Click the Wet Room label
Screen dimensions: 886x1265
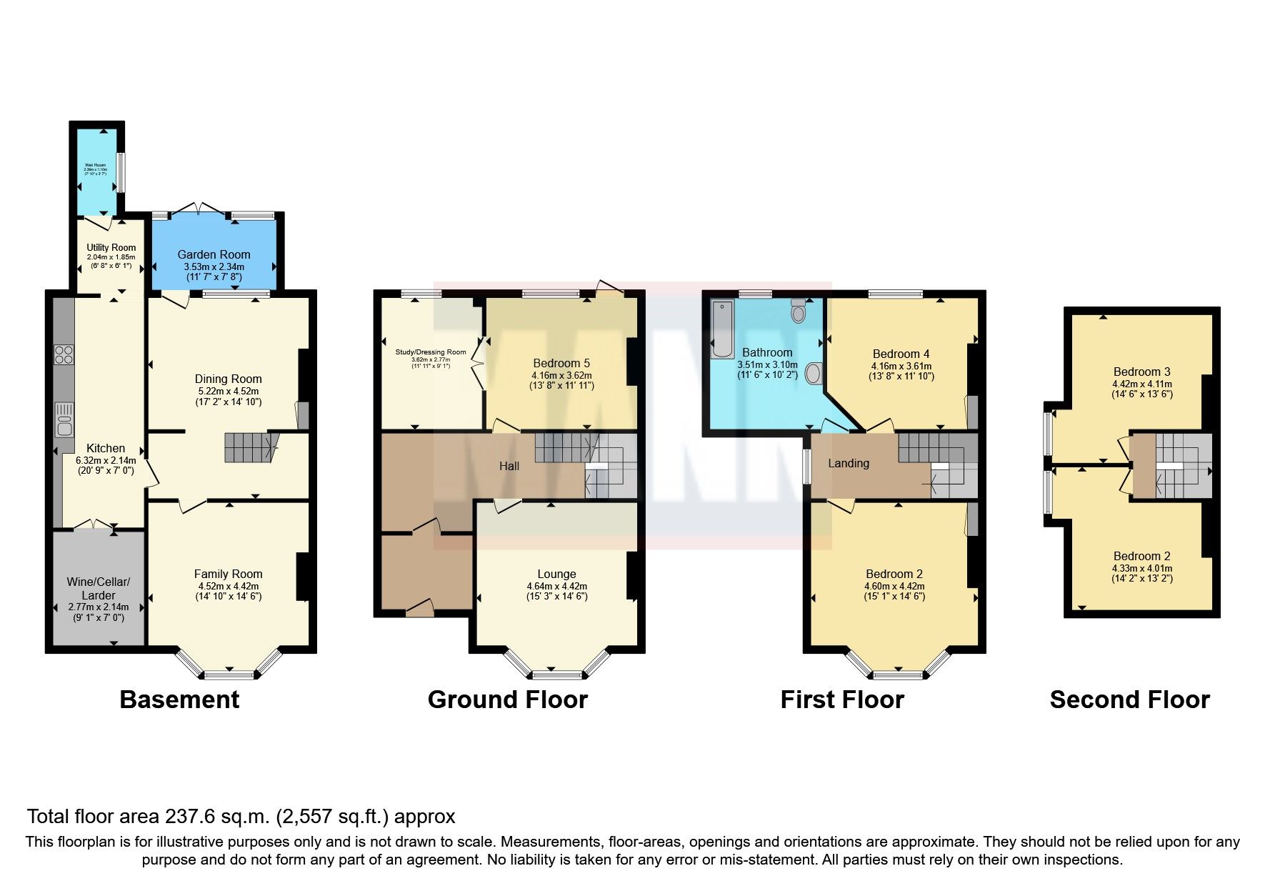click(x=95, y=165)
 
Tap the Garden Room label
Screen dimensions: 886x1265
click(x=214, y=254)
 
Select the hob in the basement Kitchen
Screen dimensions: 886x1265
click(x=64, y=355)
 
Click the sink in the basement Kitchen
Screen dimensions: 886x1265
click(x=64, y=419)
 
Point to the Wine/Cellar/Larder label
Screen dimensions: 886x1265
click(x=98, y=588)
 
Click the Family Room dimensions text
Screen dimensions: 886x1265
click(x=228, y=591)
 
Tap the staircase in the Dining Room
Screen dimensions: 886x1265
click(x=247, y=447)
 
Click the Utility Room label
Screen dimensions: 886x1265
click(x=111, y=247)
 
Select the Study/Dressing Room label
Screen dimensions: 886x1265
click(x=430, y=352)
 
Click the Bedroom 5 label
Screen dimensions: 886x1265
click(x=561, y=363)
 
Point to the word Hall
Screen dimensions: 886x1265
click(x=509, y=466)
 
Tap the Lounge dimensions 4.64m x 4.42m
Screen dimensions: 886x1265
click(x=556, y=586)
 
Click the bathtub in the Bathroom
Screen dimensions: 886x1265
click(x=722, y=329)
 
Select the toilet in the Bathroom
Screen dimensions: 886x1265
click(x=798, y=312)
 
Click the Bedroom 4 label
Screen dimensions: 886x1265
click(x=901, y=354)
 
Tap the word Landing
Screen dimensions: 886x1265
click(x=849, y=463)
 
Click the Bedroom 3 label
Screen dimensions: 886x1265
click(x=1141, y=372)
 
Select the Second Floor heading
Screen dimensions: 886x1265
click(x=1129, y=700)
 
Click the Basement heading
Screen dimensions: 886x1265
click(x=179, y=700)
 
